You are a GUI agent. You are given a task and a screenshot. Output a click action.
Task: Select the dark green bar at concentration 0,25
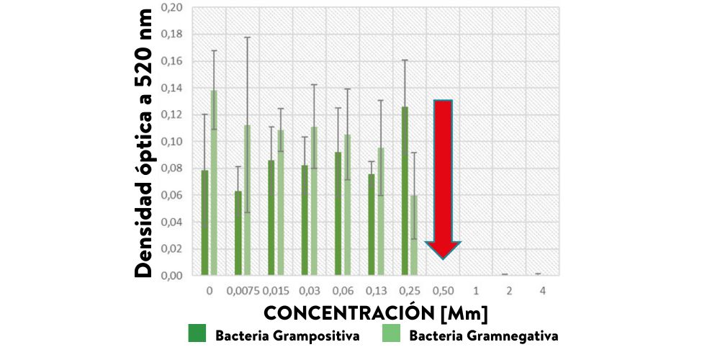405,191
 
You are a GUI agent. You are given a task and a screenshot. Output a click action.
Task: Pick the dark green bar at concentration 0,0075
238,233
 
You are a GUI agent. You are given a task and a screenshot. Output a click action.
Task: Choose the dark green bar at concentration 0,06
338,213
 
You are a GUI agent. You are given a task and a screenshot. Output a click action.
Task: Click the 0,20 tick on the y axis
171,7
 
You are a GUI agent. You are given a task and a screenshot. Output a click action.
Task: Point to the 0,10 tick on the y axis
171,141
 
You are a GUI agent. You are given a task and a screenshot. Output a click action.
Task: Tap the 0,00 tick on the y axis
171,275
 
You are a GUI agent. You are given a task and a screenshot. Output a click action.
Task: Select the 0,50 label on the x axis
442,291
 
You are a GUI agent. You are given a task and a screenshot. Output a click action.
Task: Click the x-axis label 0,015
276,291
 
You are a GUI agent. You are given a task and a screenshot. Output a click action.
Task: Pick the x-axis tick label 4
543,291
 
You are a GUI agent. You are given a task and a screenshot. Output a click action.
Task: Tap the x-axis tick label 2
509,291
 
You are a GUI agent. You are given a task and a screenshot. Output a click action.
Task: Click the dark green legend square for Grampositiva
197,334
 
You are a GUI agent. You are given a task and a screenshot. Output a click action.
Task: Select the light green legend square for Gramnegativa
391,334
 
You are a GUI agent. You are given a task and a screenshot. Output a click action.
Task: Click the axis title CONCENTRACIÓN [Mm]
375,313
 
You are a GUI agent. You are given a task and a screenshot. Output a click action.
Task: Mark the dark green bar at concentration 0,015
271,217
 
